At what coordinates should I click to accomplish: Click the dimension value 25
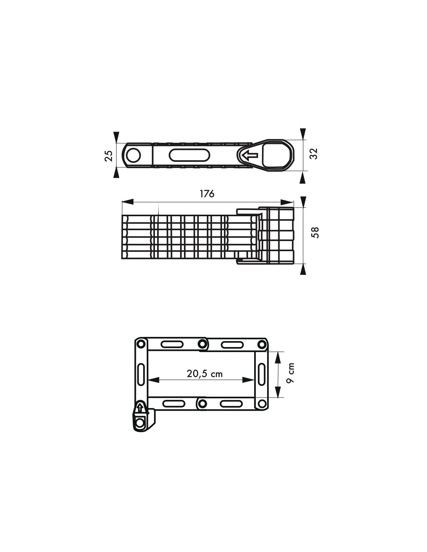(108, 156)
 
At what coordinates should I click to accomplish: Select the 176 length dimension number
(207, 194)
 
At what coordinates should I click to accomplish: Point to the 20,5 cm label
(205, 374)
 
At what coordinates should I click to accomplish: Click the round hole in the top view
(134, 155)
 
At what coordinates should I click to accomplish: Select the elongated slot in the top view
(189, 155)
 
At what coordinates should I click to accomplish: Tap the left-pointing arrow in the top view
(250, 155)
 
